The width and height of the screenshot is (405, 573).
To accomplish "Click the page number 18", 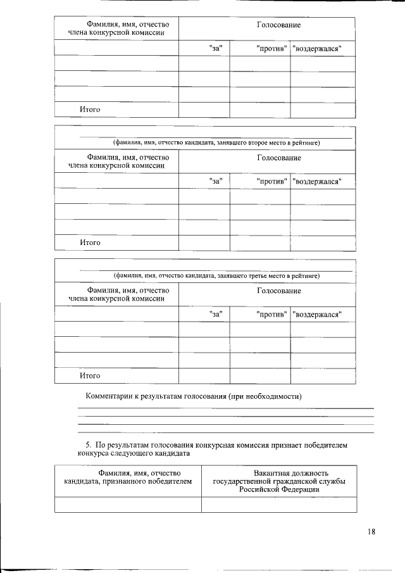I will click(x=371, y=531).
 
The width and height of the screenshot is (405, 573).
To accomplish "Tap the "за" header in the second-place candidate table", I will click(x=217, y=182).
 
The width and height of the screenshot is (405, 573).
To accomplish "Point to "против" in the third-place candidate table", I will click(x=272, y=314).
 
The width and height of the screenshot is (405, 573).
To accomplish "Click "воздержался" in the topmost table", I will click(x=320, y=49).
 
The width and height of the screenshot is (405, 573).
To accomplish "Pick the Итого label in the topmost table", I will click(x=90, y=110).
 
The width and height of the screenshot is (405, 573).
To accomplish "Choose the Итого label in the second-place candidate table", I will click(x=90, y=242).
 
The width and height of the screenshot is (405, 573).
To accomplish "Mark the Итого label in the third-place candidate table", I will click(x=90, y=375).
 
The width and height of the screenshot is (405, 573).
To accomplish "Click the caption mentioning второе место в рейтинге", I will click(x=216, y=143).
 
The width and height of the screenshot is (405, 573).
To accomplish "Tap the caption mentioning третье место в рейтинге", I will click(x=216, y=276).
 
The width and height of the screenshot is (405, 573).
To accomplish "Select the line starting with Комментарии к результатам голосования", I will click(x=194, y=397).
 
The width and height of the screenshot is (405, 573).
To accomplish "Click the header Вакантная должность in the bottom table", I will click(x=279, y=473).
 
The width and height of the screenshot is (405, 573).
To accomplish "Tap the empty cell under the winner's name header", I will click(x=128, y=504).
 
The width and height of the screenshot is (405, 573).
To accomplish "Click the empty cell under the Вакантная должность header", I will click(x=279, y=504).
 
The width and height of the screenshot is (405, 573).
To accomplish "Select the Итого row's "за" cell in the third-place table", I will click(x=204, y=375).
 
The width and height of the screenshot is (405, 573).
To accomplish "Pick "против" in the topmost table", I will click(x=272, y=49).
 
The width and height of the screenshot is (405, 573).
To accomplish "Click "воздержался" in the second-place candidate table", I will click(x=320, y=182).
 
